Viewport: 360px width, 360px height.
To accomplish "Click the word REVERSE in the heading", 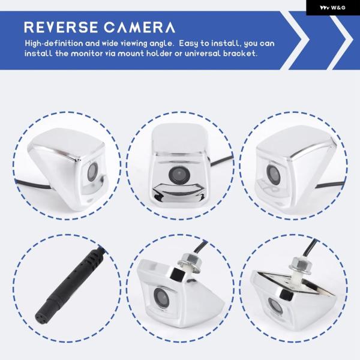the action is click(x=61, y=27).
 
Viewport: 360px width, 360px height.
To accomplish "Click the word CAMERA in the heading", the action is click(x=139, y=27).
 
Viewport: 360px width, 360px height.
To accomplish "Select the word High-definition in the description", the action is click(x=54, y=44).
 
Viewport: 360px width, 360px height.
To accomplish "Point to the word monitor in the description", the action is click(x=86, y=53).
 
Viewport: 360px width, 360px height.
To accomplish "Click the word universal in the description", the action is click(x=203, y=53).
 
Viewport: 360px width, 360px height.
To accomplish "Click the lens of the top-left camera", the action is click(x=92, y=172).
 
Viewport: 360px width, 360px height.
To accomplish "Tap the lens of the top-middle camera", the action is click(x=179, y=175).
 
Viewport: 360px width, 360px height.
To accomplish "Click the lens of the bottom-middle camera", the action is click(x=161, y=298).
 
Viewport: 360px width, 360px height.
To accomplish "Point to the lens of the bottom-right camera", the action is click(x=275, y=307).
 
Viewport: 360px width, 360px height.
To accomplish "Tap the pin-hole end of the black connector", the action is click(x=41, y=317).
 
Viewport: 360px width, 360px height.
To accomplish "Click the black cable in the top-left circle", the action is click(x=32, y=185).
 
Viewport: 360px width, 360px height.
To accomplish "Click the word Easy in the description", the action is click(x=188, y=44).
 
